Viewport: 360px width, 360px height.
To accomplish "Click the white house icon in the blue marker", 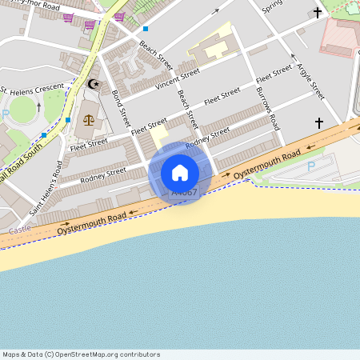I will click(180, 172).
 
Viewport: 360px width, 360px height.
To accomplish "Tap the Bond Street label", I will click(122, 105).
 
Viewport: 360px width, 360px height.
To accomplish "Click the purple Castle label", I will click(19, 230).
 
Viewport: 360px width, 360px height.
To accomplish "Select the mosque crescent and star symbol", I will click(93, 83).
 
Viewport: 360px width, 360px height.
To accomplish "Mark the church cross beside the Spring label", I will click(317, 13).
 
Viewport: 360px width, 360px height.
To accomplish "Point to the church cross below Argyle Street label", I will click(318, 122).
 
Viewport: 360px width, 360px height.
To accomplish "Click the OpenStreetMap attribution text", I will click(81, 354).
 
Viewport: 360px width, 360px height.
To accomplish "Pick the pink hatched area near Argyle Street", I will click(340, 36).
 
